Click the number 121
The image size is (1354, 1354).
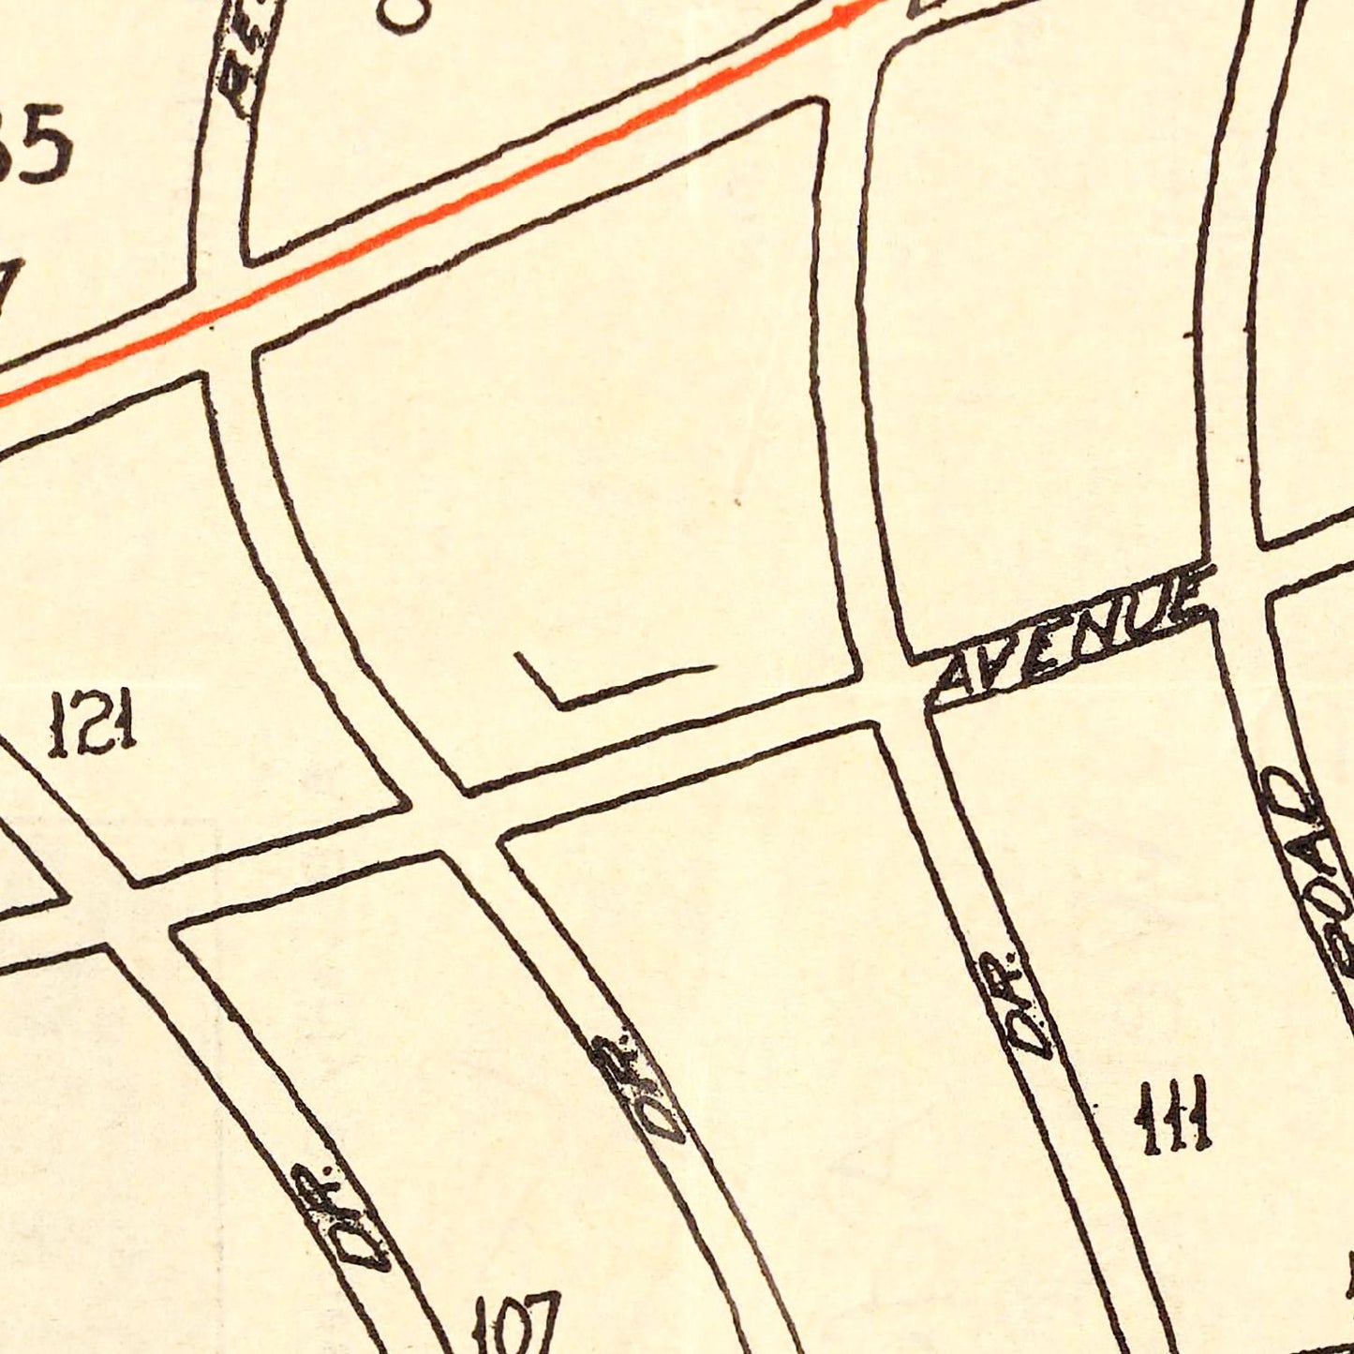click(93, 722)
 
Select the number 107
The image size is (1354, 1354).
click(516, 1324)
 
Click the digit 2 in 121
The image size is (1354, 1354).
click(93, 722)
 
